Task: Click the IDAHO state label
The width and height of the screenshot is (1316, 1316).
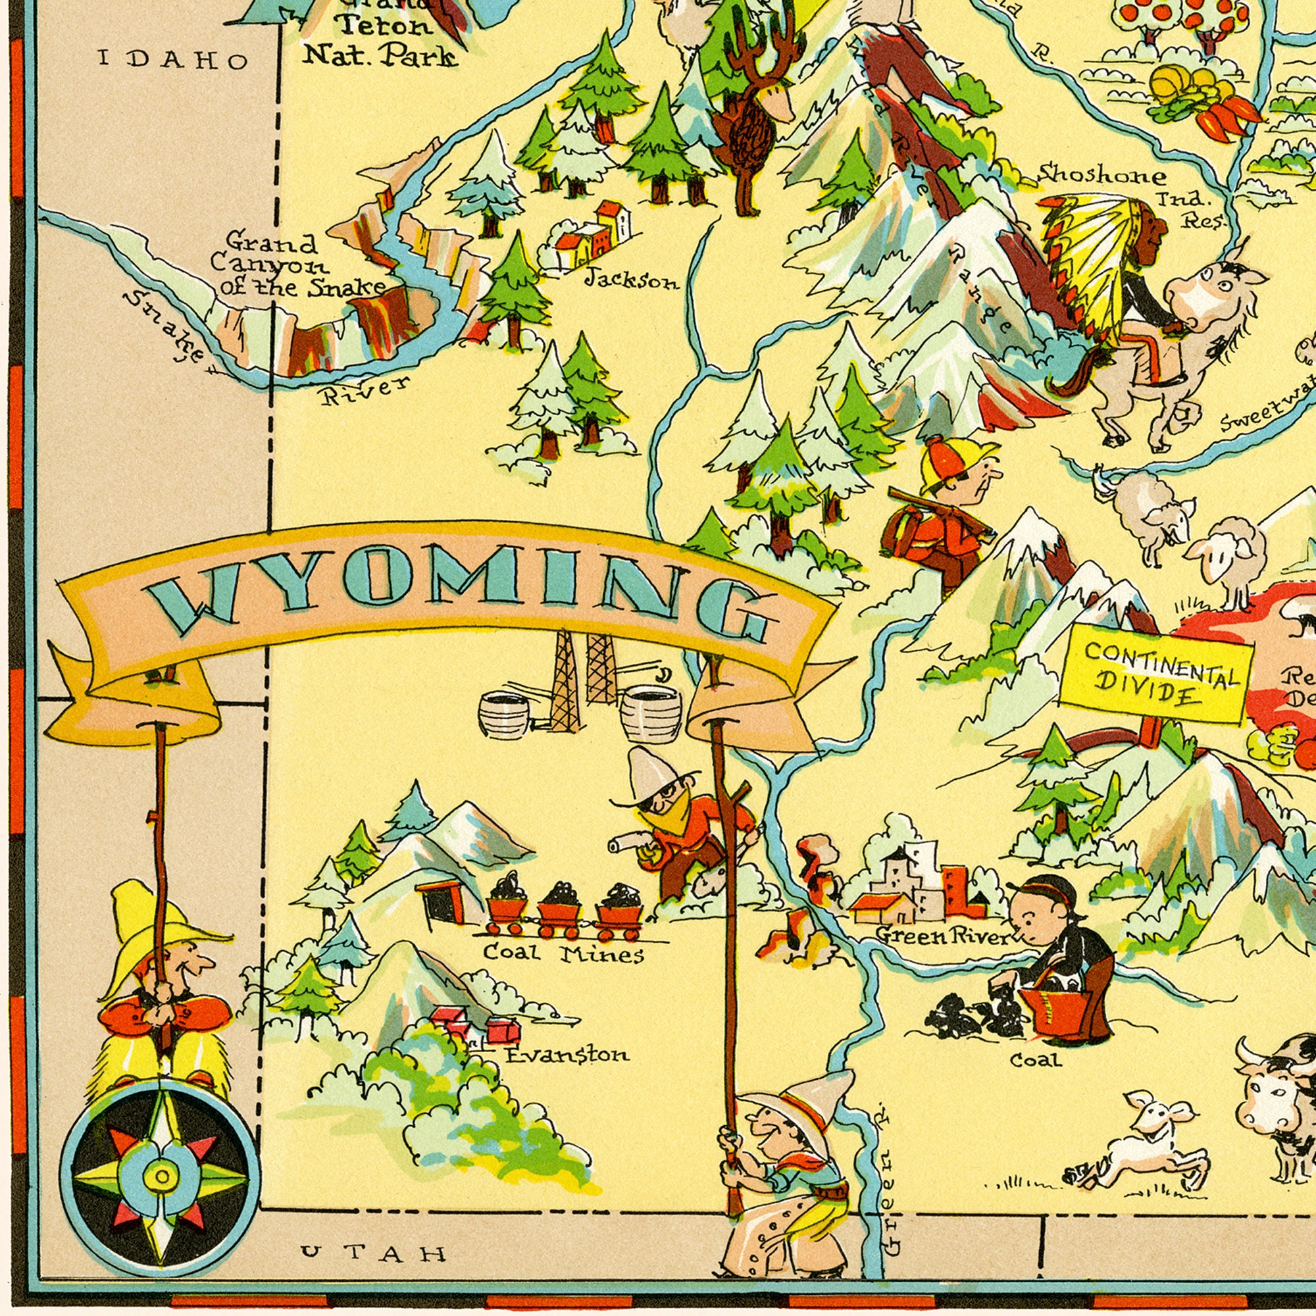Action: click(173, 60)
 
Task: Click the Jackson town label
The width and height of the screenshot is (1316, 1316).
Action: click(632, 280)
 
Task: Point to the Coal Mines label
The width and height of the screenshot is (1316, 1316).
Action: click(563, 954)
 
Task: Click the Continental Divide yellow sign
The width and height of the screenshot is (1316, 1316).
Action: click(1155, 674)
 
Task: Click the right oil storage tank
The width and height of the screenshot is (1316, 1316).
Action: click(651, 713)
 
